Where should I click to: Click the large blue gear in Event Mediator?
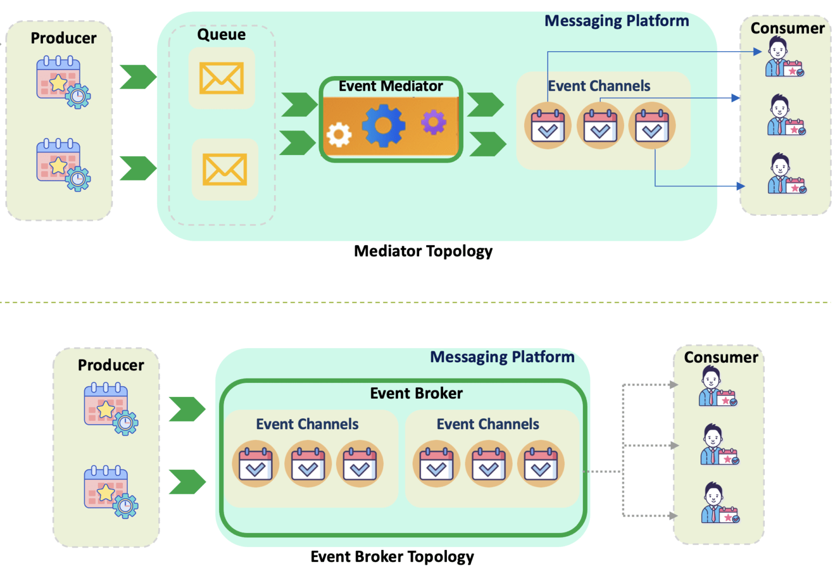383,126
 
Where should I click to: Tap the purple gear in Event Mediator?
433,122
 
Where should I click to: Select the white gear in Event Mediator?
339,134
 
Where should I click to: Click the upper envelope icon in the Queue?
221,78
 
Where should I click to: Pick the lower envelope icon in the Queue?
225,169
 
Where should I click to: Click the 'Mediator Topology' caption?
423,251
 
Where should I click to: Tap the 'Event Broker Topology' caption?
392,557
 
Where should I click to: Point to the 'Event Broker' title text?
416,393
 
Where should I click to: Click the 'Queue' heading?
221,35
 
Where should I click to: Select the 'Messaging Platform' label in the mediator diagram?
616,21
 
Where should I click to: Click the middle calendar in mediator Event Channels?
600,126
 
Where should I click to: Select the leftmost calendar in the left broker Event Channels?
256,464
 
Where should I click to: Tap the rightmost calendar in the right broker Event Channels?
540,464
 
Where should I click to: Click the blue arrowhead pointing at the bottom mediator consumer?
740,186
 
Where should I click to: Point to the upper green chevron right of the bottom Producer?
187,409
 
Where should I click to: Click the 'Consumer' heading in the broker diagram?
720,357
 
